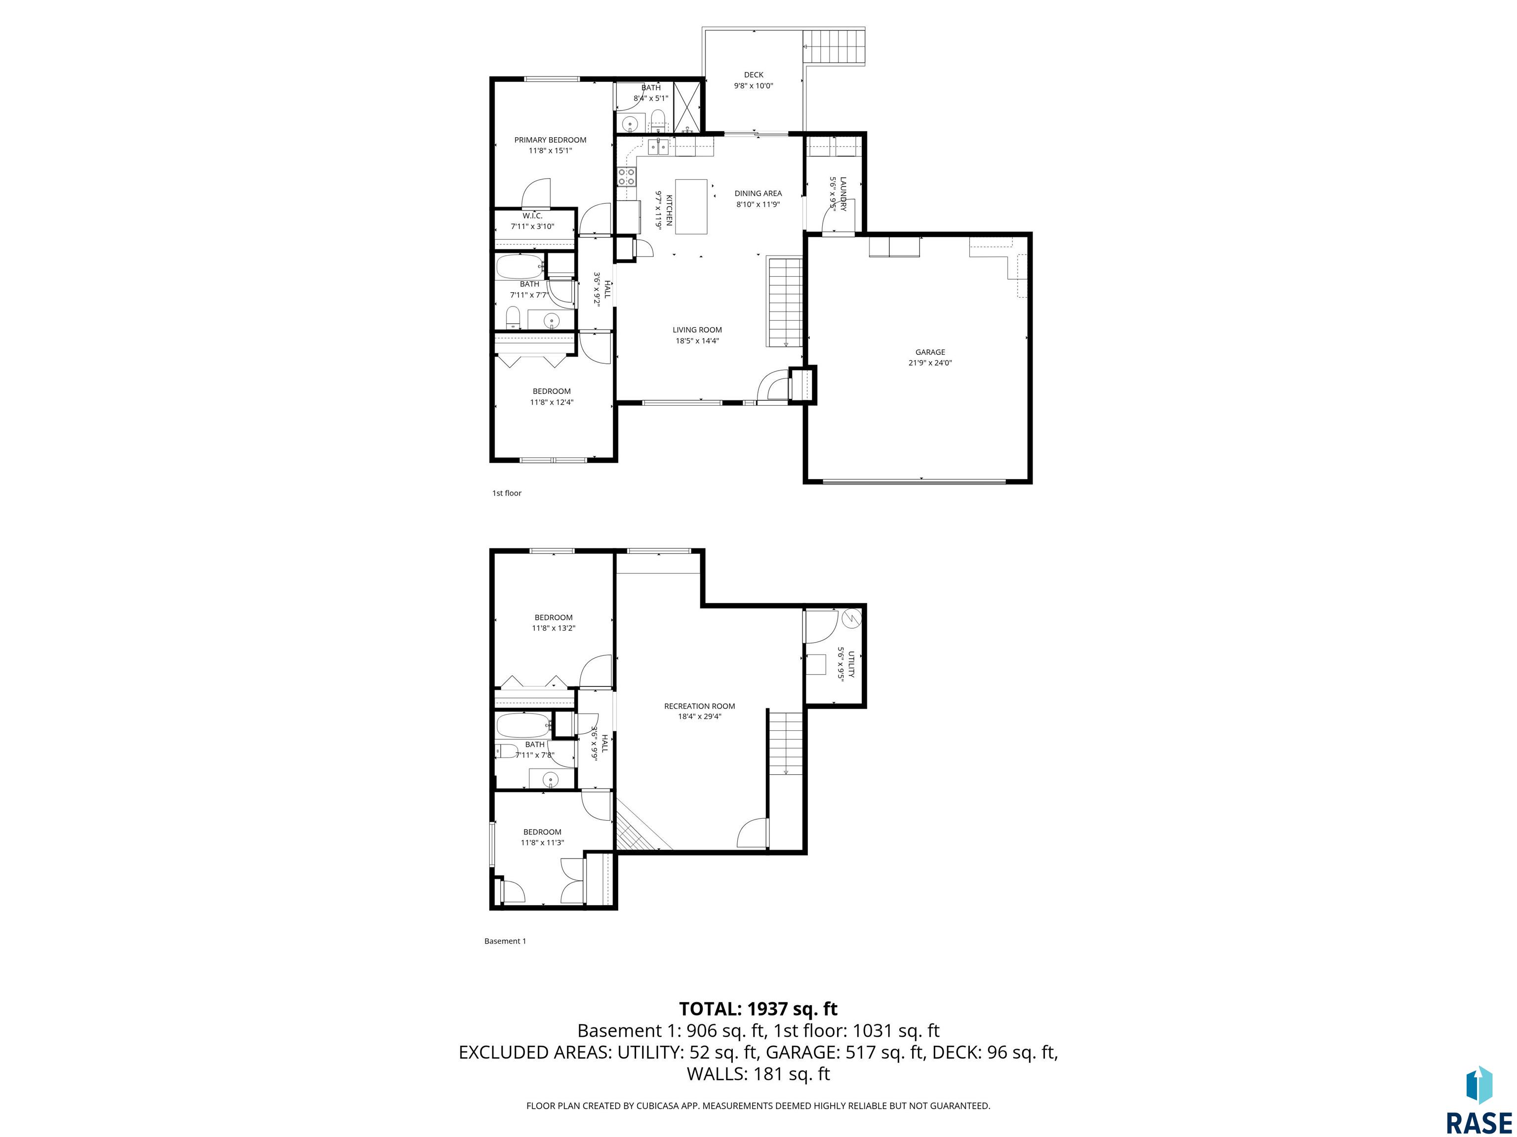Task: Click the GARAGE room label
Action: (x=930, y=352)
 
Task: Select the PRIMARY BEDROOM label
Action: (x=550, y=140)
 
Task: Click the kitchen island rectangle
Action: (x=691, y=206)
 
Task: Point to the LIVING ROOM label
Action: (x=697, y=330)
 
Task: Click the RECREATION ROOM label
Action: (x=700, y=706)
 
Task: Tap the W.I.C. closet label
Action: (x=532, y=216)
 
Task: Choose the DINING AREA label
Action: (x=758, y=193)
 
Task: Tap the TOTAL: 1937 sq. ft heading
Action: (x=758, y=1009)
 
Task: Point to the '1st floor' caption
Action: (x=507, y=493)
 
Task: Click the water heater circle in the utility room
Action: (x=850, y=619)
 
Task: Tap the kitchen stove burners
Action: (x=626, y=177)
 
